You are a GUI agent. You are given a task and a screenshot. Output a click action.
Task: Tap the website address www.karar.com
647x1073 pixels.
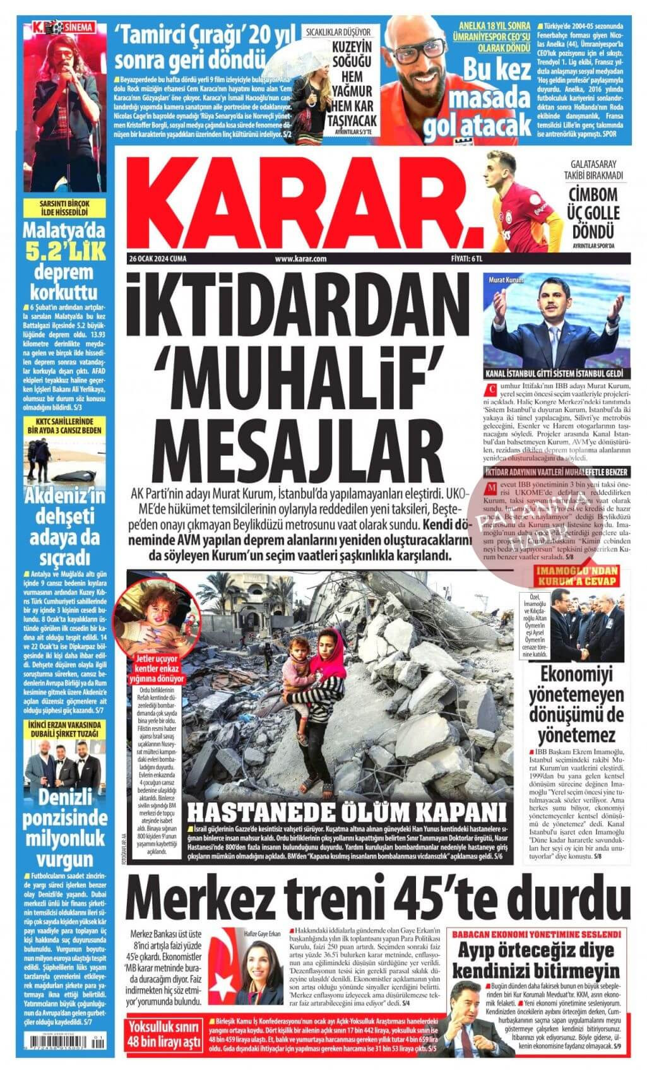[300, 258]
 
